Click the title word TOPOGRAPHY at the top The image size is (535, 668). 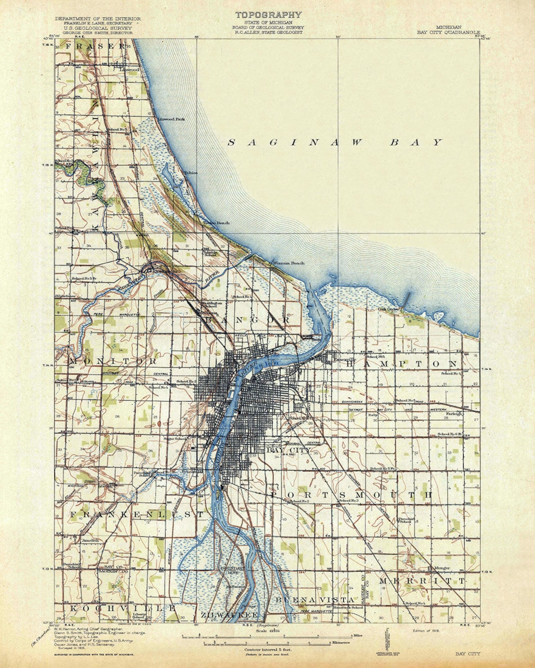pos(268,15)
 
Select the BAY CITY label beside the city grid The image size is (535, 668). pos(289,450)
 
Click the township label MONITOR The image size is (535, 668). pos(112,361)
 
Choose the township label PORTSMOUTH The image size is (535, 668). pos(352,495)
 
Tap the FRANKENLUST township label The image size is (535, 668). pos(137,515)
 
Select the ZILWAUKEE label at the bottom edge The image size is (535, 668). pos(229,615)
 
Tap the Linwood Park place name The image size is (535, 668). pos(171,119)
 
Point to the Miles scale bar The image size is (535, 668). pos(267,635)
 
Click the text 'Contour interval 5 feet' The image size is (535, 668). pos(268,649)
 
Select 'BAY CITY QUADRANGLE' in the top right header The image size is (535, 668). pos(448,32)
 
